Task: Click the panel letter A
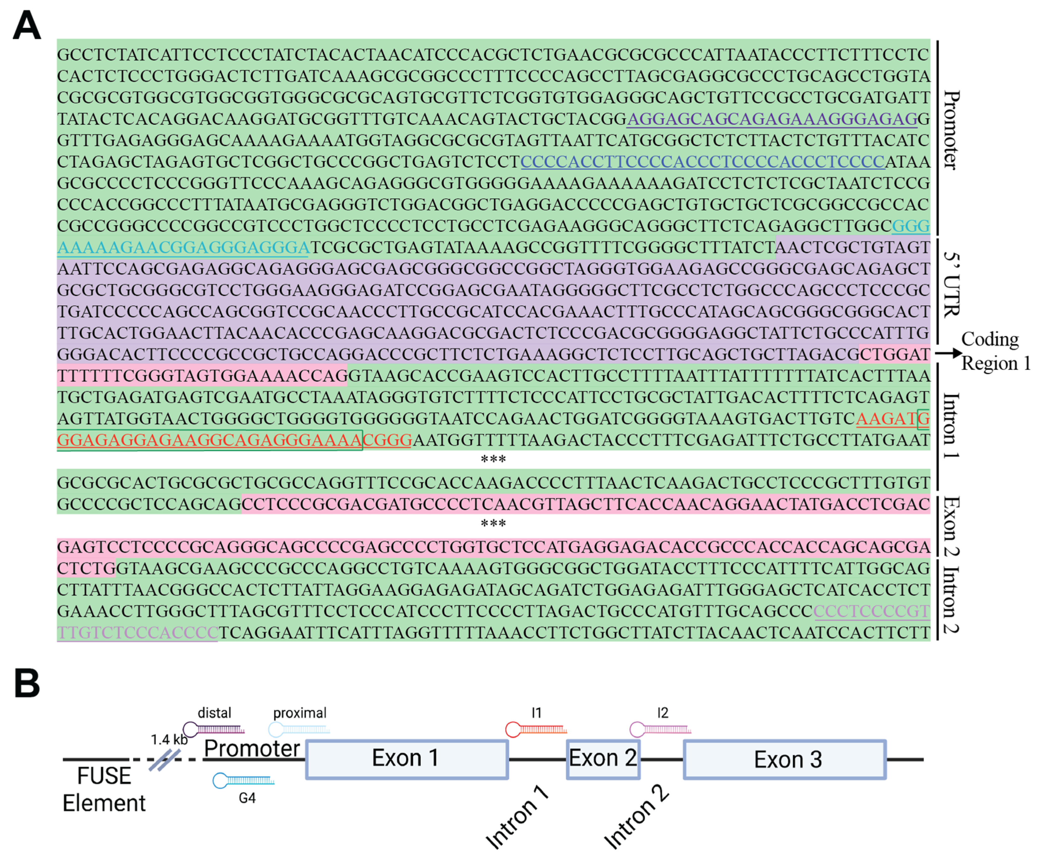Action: coord(27,26)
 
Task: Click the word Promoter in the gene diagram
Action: coord(252,748)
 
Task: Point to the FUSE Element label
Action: coord(104,789)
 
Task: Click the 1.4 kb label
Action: coord(169,740)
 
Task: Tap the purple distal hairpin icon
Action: coord(213,729)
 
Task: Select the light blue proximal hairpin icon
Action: coord(299,729)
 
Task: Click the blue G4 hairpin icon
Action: coord(243,781)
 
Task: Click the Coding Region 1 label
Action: coord(995,351)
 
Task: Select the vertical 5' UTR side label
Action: coord(951,284)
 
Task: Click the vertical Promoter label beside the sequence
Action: coord(951,130)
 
